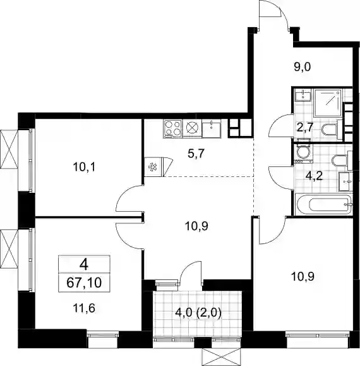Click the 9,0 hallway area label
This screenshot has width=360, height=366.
click(302, 67)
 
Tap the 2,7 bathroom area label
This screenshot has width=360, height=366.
click(305, 128)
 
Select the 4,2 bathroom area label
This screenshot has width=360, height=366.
click(314, 176)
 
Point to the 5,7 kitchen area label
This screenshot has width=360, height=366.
click(196, 154)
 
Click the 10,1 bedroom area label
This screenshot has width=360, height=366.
click(84, 167)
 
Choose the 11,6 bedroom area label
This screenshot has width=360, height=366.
click(84, 308)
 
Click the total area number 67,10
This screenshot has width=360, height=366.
click(84, 283)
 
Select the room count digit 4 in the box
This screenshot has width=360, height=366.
click(84, 265)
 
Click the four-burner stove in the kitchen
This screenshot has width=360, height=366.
click(173, 128)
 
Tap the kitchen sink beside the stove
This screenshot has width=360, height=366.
click(211, 128)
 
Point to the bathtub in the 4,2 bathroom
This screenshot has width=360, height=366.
click(324, 204)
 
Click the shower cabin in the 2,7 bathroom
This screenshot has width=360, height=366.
click(328, 103)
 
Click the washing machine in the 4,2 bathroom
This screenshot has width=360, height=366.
click(302, 152)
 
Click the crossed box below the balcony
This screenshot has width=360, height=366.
click(222, 357)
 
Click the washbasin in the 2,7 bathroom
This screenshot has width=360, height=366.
click(303, 95)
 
